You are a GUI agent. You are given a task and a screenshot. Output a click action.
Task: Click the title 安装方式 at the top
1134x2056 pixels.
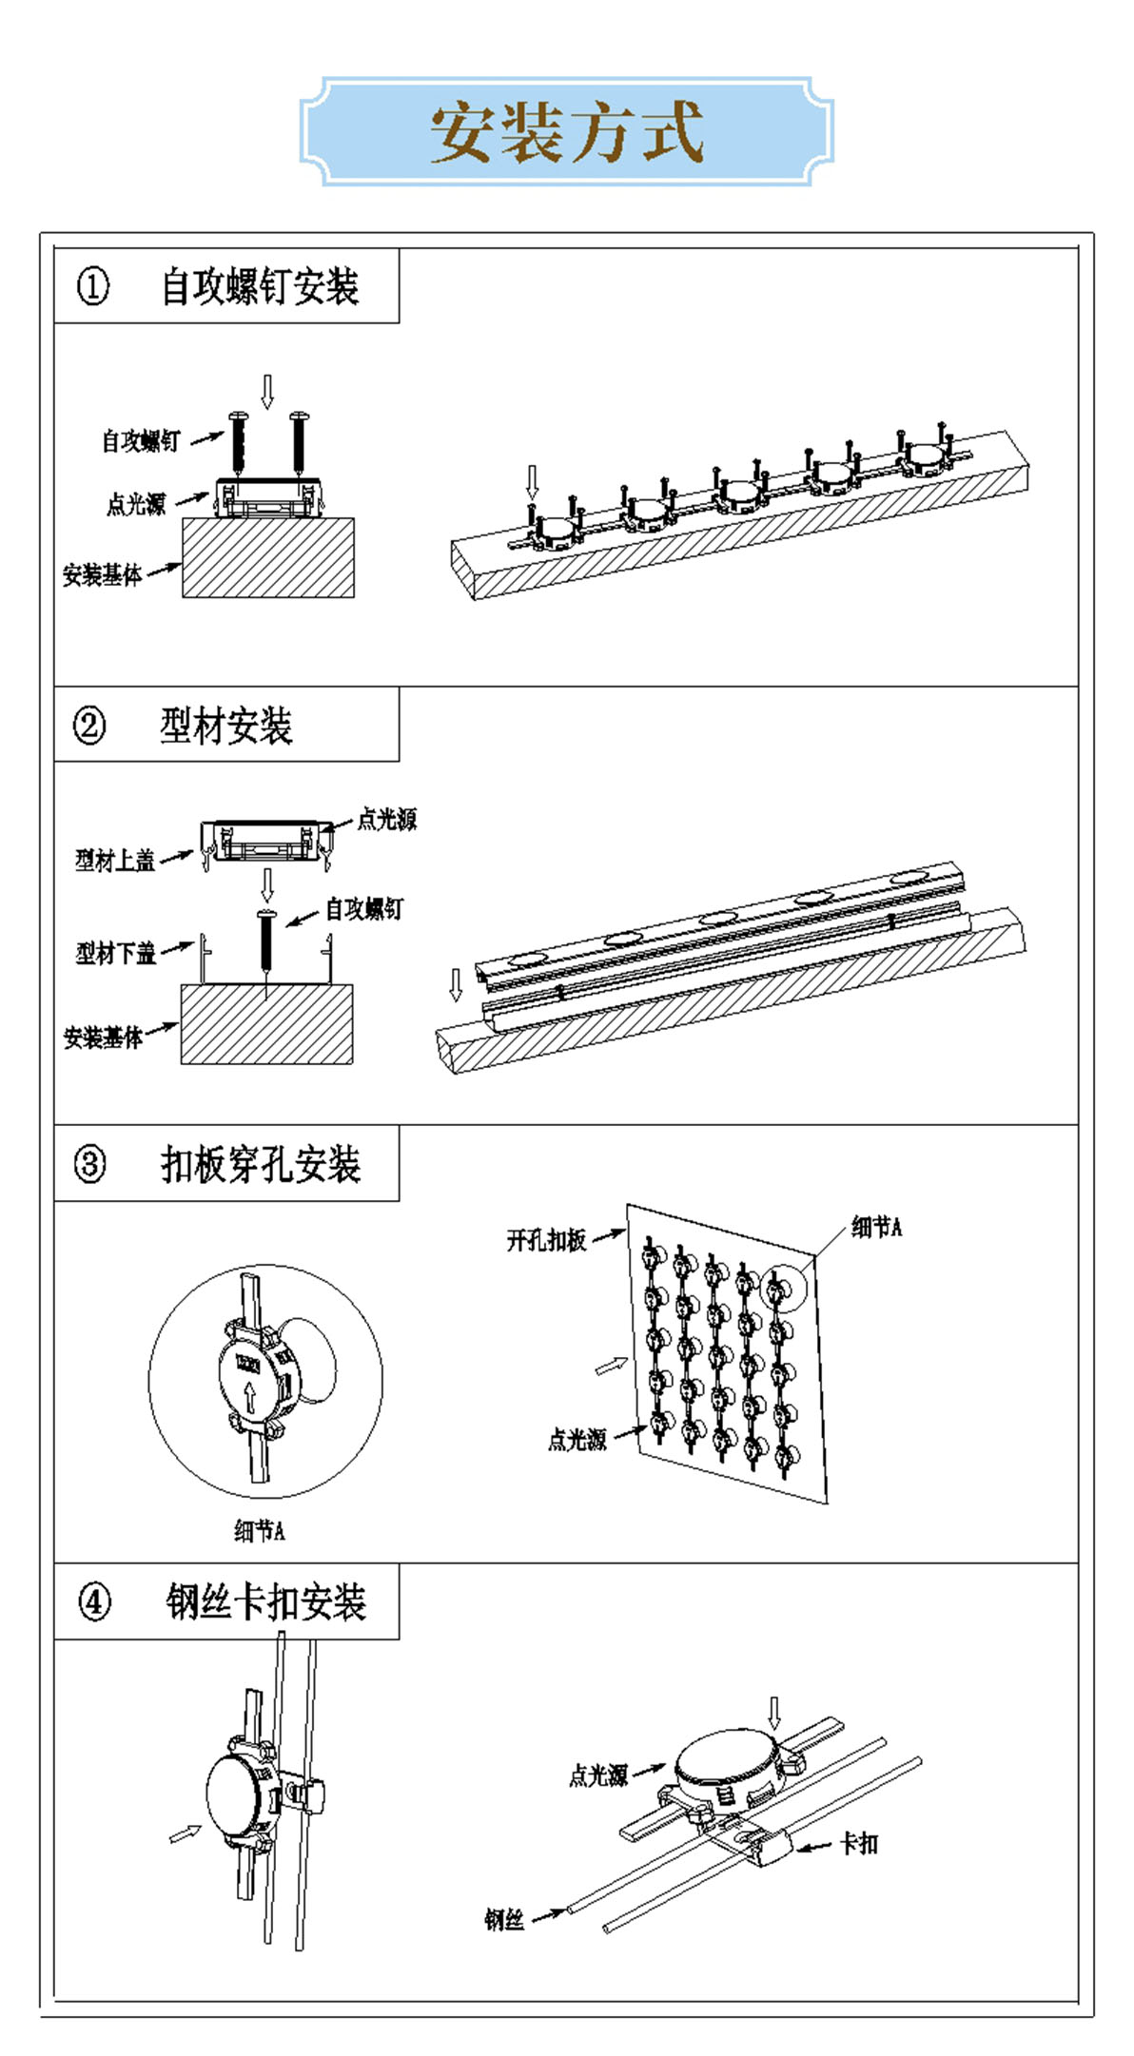point(567,132)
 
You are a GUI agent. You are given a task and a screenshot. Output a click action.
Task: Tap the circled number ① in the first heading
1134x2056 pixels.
point(92,286)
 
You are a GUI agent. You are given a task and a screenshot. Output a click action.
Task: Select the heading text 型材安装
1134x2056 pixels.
point(225,726)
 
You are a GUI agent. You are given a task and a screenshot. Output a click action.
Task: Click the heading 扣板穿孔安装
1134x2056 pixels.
point(261,1164)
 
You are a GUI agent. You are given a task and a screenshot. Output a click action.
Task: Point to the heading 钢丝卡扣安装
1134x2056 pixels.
point(265,1601)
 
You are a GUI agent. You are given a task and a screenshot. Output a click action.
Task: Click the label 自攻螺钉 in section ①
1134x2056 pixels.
point(141,441)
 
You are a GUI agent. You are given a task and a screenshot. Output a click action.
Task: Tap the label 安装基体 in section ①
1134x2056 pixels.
point(102,575)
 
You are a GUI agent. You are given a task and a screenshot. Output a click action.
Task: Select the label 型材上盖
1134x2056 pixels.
point(115,861)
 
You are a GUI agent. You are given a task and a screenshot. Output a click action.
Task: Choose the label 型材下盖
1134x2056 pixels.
point(115,952)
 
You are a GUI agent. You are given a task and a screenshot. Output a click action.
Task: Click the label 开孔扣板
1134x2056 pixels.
point(546,1240)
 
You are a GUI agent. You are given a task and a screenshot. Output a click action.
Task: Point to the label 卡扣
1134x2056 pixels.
point(859,1843)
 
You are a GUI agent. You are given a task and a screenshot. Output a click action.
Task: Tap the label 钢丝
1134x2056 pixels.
point(504,1919)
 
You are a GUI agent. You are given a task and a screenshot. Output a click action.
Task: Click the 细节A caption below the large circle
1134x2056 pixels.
point(259,1530)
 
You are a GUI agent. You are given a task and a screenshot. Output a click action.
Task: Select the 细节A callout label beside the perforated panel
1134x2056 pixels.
point(876,1227)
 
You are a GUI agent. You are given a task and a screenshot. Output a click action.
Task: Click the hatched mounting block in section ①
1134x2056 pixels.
point(268,557)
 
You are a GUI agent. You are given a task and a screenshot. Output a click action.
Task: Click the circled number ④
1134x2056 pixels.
point(93,1601)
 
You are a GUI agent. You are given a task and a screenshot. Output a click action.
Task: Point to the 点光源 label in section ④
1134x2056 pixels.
point(598,1775)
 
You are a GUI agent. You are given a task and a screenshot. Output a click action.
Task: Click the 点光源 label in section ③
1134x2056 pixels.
point(577,1440)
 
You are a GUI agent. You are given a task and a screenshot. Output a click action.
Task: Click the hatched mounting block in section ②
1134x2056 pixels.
point(266,1024)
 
